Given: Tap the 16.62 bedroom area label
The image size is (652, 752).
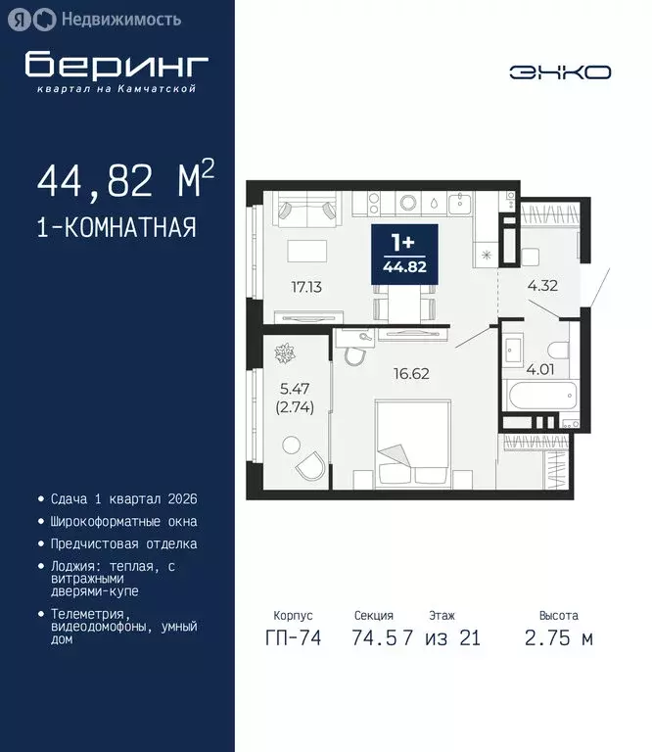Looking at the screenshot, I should tap(410, 372).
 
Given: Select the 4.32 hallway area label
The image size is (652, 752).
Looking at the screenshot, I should tap(544, 287).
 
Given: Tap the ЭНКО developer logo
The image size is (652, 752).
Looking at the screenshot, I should tap(560, 71).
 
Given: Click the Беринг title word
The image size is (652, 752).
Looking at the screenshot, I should tap(116, 64).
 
